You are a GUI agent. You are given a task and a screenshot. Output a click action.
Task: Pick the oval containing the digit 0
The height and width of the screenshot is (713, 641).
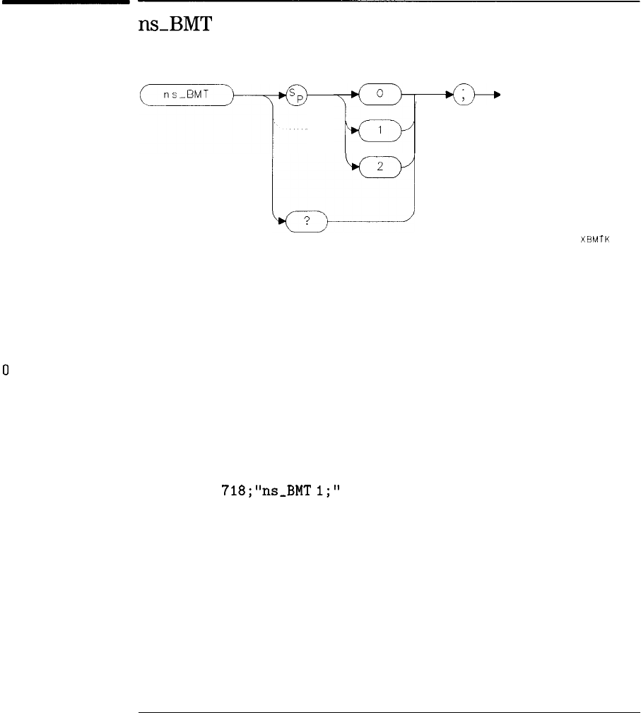coord(380,95)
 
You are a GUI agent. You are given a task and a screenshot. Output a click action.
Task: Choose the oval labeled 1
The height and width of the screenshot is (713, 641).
coord(380,131)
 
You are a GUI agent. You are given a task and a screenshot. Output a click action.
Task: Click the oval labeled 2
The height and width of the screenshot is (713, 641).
coord(380,167)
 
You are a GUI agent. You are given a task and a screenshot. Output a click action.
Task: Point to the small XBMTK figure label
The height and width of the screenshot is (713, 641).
coord(594,239)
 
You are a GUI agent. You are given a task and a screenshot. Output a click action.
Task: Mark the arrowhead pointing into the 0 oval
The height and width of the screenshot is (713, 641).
coord(356,95)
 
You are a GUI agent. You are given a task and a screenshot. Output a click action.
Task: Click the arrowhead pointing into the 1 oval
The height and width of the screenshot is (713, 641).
coord(356,131)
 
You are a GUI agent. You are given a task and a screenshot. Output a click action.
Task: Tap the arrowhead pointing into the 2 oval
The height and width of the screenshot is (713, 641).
coord(356,167)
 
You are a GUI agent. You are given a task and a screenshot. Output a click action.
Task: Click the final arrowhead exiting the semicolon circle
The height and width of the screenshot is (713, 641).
coord(498,95)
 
